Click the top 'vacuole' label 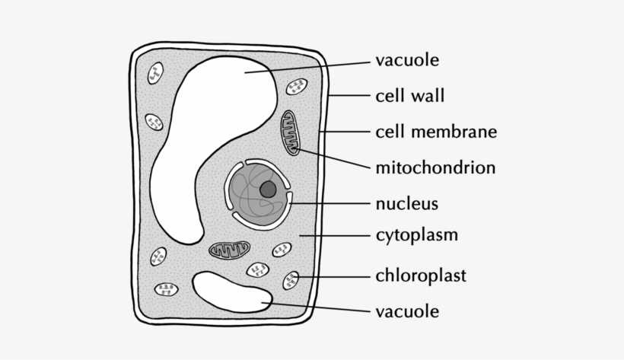[407, 60]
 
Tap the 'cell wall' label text [409, 96]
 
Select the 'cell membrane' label [436, 132]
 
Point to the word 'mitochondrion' [435, 167]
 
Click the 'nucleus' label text [407, 203]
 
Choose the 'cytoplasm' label [417, 234]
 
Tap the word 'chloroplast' [421, 275]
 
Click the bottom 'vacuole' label [407, 311]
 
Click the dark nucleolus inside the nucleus [268, 190]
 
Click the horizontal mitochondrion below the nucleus [230, 249]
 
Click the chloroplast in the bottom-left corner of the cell [166, 289]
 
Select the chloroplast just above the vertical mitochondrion [295, 87]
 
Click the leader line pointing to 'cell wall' [349, 97]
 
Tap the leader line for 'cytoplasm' [335, 235]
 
